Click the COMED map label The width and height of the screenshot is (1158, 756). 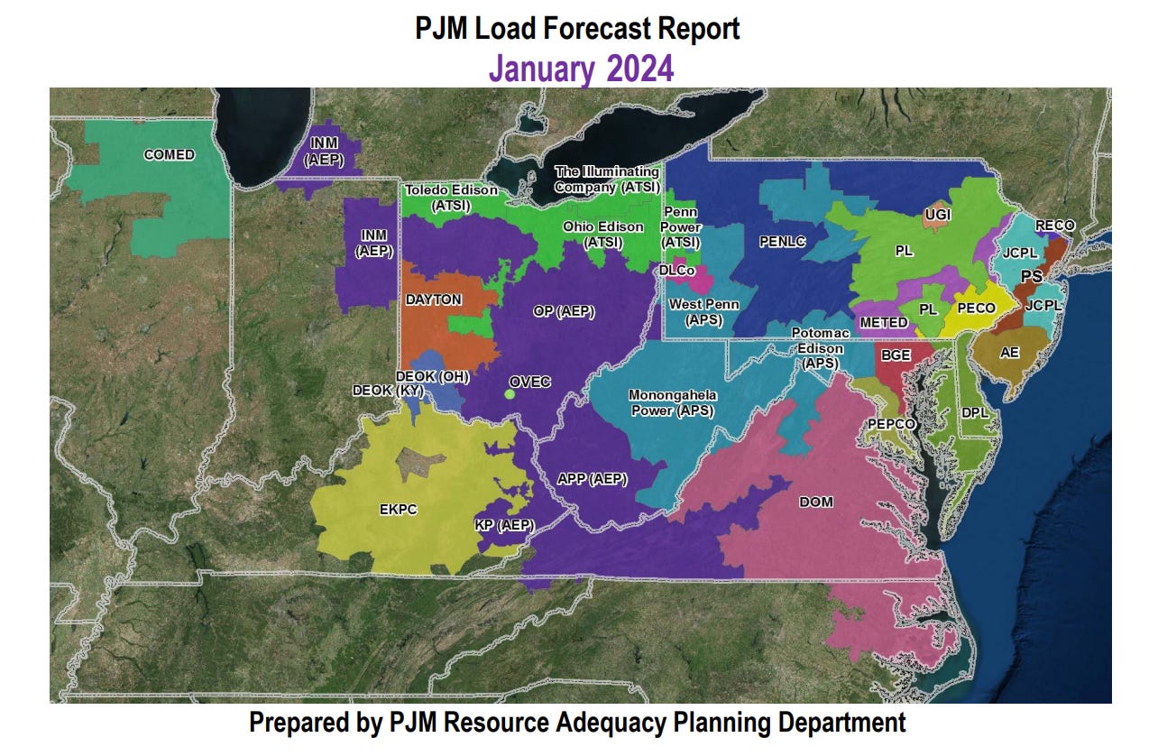[169, 155]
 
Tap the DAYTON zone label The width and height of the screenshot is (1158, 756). [433, 300]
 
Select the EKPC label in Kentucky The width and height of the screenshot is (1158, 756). [398, 510]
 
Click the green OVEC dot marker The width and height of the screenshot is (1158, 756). [510, 393]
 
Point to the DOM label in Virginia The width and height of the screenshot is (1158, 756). [816, 502]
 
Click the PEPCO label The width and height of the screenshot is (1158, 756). [891, 424]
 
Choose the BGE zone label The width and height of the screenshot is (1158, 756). [896, 355]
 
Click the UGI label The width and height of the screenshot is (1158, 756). [937, 215]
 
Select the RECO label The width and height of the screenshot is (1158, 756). [1054, 226]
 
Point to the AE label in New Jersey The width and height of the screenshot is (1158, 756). [1009, 353]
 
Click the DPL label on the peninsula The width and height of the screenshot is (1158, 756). [975, 412]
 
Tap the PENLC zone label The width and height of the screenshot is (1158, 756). [782, 242]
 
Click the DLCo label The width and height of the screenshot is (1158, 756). [676, 270]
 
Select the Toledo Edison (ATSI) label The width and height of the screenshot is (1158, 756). [450, 198]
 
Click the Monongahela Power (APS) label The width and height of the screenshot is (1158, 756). [671, 403]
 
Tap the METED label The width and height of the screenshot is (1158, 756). [884, 323]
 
